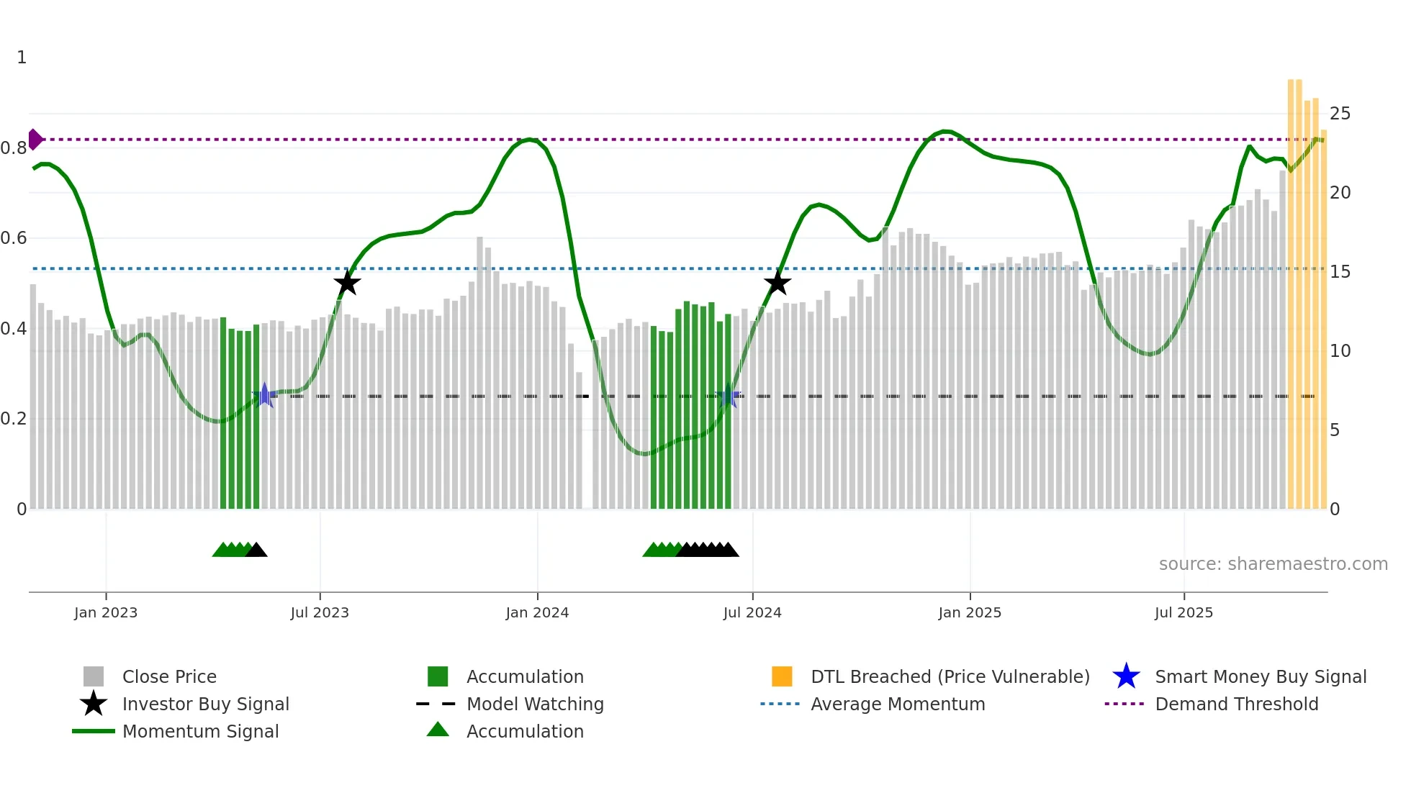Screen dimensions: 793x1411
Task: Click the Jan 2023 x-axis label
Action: (x=105, y=612)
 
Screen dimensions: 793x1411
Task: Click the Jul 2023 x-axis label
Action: (x=320, y=612)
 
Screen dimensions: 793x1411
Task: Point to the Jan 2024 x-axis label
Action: (x=537, y=612)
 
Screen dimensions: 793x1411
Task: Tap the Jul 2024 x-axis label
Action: (x=752, y=612)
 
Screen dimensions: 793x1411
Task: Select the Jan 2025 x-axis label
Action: (x=970, y=612)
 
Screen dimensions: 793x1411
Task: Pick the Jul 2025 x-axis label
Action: (x=1184, y=612)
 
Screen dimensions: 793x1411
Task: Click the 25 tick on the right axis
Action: (x=1340, y=114)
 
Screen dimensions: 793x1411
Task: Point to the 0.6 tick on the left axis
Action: (x=14, y=238)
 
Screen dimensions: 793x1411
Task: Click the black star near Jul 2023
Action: (x=347, y=283)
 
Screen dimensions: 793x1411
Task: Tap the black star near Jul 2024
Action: (x=777, y=283)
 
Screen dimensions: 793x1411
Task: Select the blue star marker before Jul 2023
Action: (x=264, y=395)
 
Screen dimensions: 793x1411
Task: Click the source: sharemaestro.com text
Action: (x=1273, y=564)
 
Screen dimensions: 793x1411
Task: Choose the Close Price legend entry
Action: (x=169, y=676)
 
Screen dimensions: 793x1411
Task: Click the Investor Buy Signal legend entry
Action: (x=205, y=704)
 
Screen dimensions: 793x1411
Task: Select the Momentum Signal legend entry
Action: (x=200, y=731)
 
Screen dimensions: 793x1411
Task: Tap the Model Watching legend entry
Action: (x=535, y=704)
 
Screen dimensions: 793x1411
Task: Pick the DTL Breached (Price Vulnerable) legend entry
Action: (x=950, y=676)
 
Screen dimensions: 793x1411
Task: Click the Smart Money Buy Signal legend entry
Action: (x=1260, y=676)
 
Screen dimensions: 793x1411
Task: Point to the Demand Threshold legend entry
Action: (x=1236, y=704)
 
